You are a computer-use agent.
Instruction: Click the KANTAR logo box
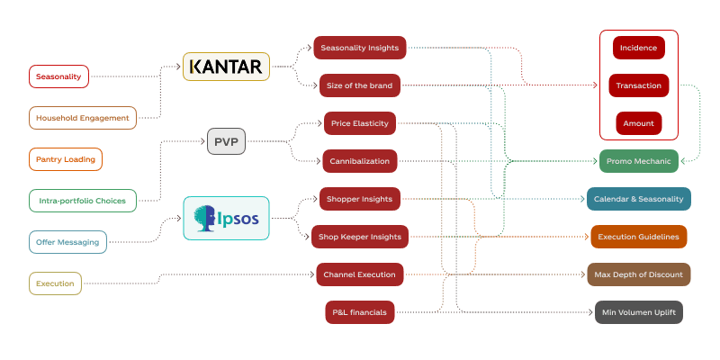pos(227,67)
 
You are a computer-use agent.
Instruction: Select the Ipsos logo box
pos(227,218)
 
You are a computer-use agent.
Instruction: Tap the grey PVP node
pos(226,141)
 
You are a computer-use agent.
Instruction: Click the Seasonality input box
pos(58,76)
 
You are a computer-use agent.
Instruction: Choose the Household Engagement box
pos(82,118)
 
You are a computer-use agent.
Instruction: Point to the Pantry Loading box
pos(66,159)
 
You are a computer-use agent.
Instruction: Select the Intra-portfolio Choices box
pos(82,200)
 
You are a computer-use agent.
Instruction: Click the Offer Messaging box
pos(68,242)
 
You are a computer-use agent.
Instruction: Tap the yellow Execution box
pos(55,283)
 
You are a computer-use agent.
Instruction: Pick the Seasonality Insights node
pos(360,48)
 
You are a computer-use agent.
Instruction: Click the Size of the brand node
pos(360,86)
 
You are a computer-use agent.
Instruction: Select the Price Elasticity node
pos(360,123)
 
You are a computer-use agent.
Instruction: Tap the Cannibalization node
pos(360,161)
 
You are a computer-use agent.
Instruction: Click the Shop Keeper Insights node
pos(360,237)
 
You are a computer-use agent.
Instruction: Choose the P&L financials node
pos(360,312)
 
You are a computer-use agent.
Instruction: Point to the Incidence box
pos(639,48)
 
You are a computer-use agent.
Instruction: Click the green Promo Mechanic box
pos(638,161)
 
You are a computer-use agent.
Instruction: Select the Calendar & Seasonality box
pos(638,199)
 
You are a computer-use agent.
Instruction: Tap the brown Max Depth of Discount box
pos(638,274)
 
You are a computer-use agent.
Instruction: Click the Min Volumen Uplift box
pos(638,312)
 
